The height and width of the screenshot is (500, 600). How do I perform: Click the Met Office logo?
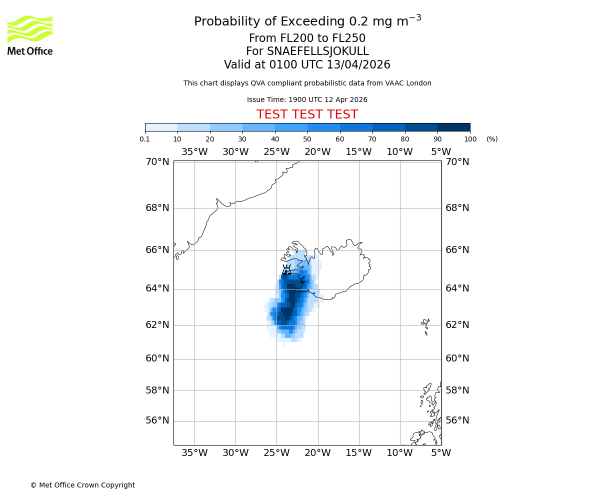[x=30, y=35]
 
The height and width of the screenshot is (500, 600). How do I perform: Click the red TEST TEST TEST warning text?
[x=307, y=114]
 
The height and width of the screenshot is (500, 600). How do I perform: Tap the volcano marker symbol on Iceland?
[x=286, y=270]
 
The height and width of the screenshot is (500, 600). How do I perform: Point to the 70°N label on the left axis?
[x=157, y=162]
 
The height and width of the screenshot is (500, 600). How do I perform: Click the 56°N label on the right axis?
[x=457, y=420]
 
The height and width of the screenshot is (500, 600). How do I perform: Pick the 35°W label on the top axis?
[x=194, y=152]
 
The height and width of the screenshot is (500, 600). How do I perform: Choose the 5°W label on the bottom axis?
[x=440, y=453]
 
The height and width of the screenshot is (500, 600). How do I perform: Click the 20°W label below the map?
[x=317, y=453]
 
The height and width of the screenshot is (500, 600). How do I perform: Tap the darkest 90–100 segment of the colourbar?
[x=453, y=127]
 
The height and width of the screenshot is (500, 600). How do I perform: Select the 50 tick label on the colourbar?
[x=307, y=139]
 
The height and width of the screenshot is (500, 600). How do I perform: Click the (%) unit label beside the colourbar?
[x=492, y=139]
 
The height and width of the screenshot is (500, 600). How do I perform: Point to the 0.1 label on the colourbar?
[x=145, y=139]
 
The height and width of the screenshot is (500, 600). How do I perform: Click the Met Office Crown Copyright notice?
[x=82, y=485]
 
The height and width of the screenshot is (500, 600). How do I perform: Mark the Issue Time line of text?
[x=307, y=99]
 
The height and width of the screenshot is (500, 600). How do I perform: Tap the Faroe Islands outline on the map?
[x=425, y=325]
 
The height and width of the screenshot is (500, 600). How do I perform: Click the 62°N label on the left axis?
[x=157, y=325]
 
